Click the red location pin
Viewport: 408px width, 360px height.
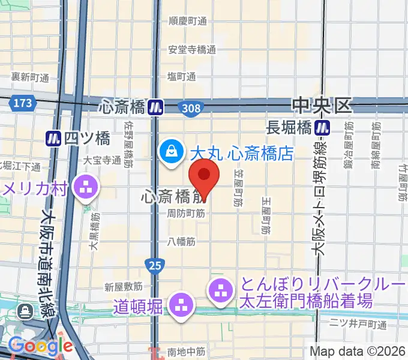pyautogui.click(x=204, y=176)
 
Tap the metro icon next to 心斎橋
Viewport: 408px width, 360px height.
pyautogui.click(x=157, y=107)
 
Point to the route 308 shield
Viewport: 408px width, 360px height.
pyautogui.click(x=191, y=107)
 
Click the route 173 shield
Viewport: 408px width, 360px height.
pyautogui.click(x=22, y=103)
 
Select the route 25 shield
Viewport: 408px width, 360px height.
pyautogui.click(x=152, y=264)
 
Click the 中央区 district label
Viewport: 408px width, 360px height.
pyautogui.click(x=321, y=106)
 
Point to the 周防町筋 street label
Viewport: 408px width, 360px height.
pyautogui.click(x=185, y=213)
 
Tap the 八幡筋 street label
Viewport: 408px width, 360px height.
pyautogui.click(x=182, y=242)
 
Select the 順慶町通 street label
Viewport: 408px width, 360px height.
pyautogui.click(x=187, y=22)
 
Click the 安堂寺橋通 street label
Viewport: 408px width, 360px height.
pyautogui.click(x=191, y=50)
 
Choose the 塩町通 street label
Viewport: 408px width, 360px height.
pyautogui.click(x=182, y=77)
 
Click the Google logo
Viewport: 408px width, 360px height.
pyautogui.click(x=40, y=346)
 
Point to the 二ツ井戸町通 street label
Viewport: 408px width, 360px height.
pyautogui.click(x=358, y=325)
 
